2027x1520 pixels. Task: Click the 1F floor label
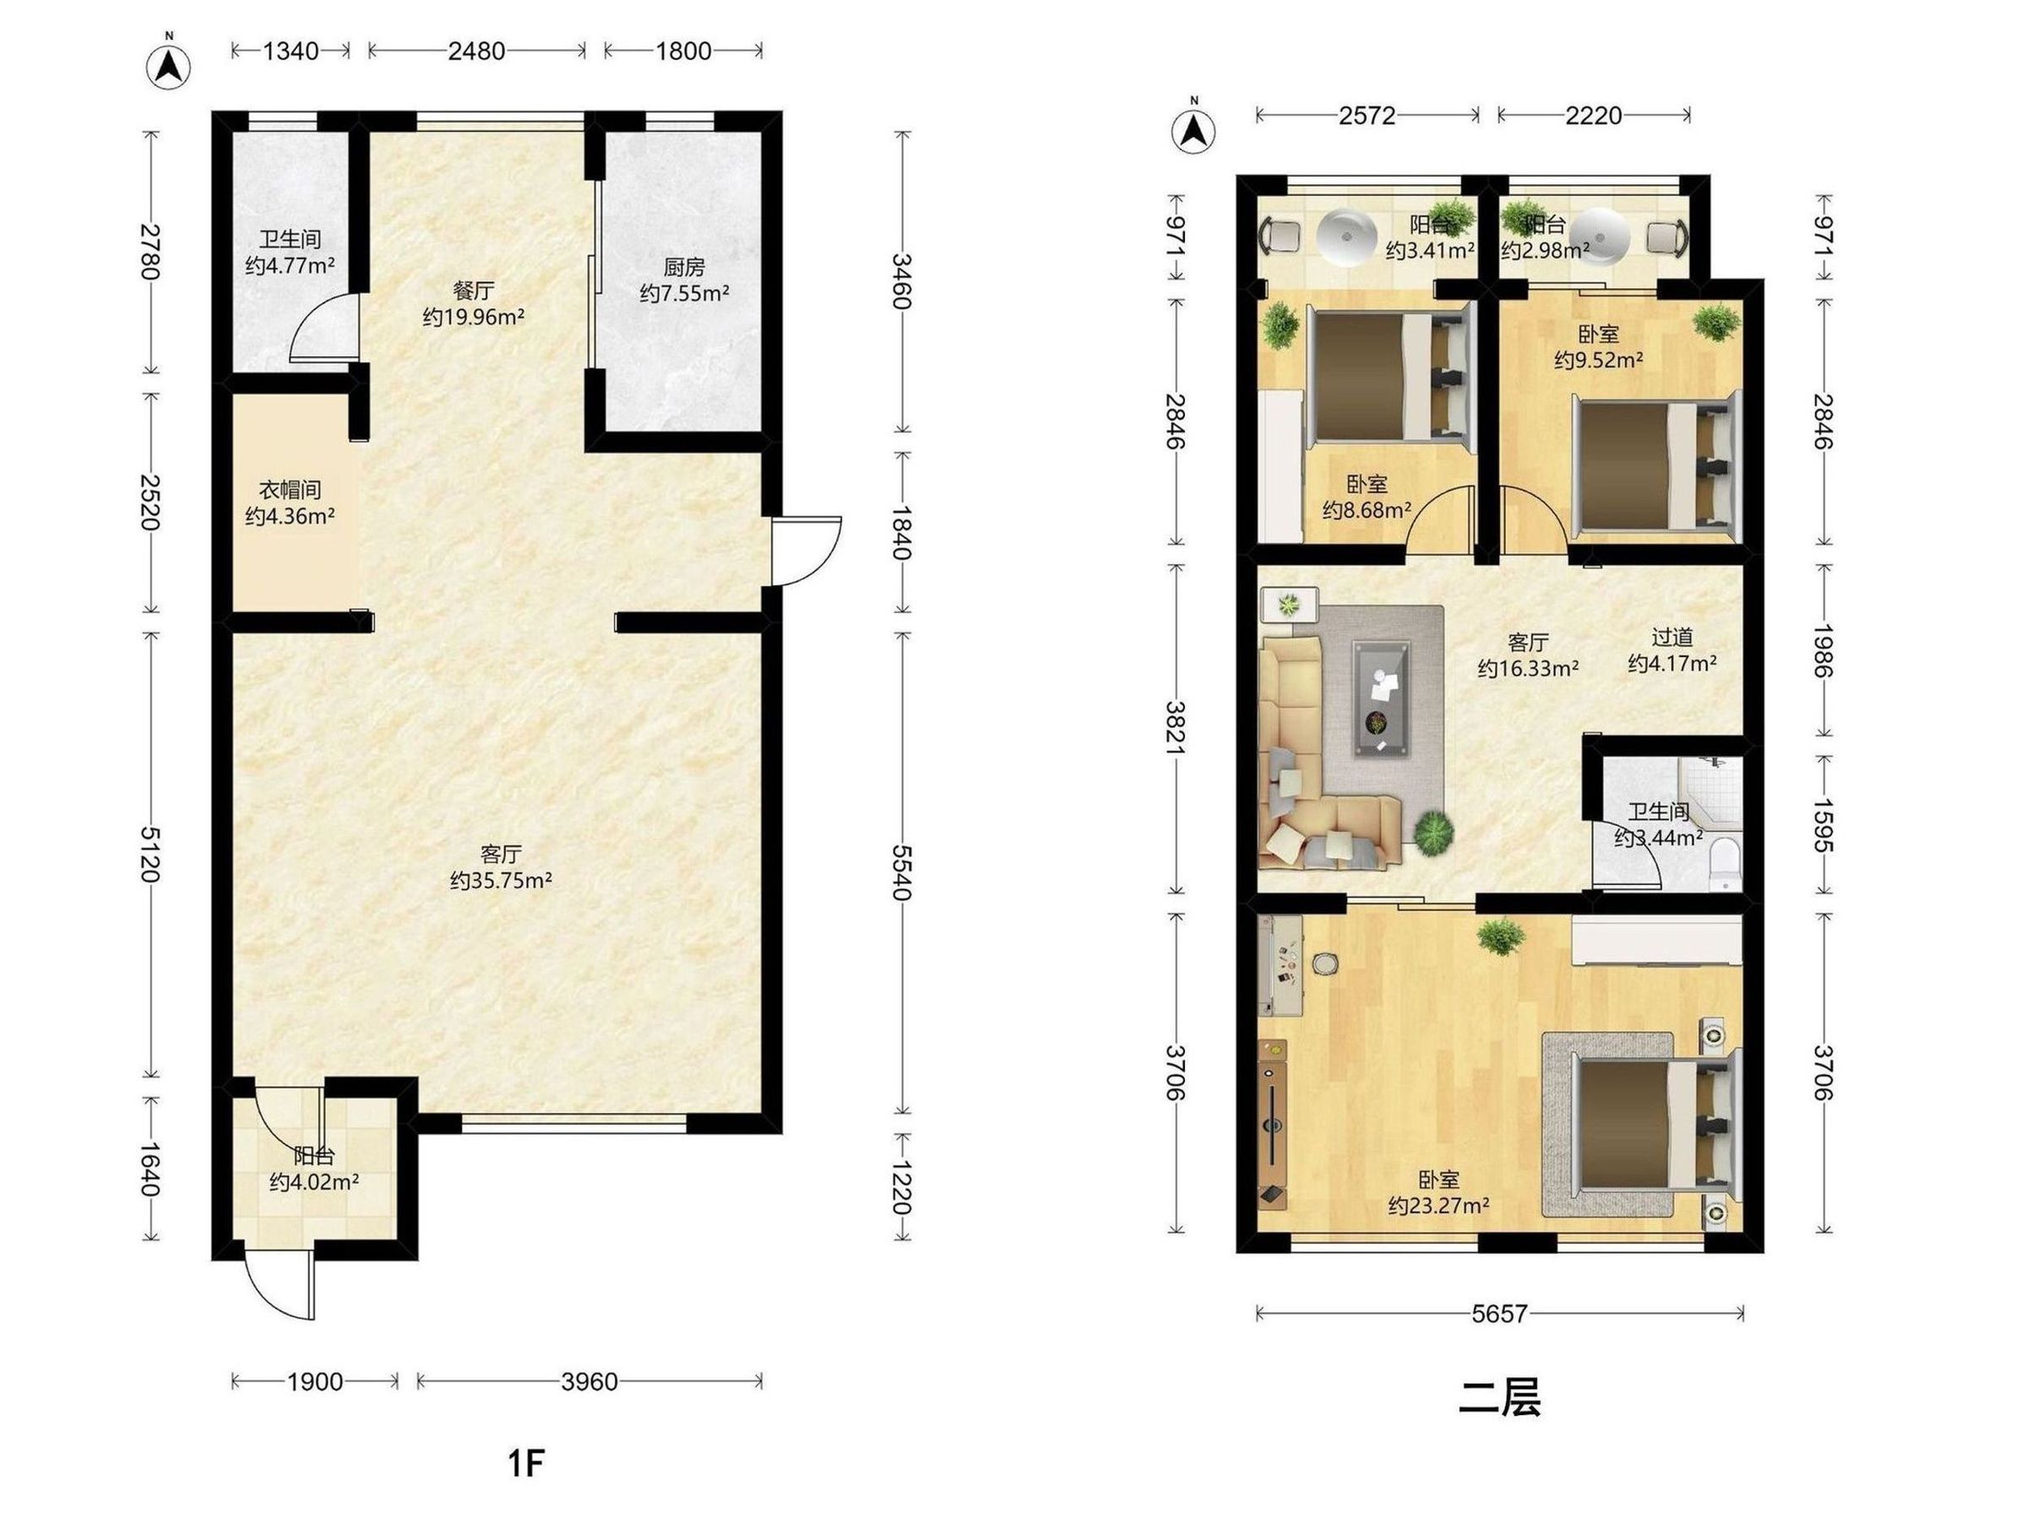click(x=527, y=1463)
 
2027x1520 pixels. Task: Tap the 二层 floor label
click(x=1499, y=1398)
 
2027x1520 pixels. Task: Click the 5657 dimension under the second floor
click(x=1499, y=1314)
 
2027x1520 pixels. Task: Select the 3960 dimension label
click(x=590, y=1381)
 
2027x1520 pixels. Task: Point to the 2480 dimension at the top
click(x=476, y=51)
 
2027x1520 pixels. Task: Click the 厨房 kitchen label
click(x=683, y=268)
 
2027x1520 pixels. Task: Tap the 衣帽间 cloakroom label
click(x=290, y=490)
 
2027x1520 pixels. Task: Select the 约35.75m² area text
click(x=500, y=881)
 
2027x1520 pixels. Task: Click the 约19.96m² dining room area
click(x=473, y=317)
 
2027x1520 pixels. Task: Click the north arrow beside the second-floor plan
click(x=1194, y=129)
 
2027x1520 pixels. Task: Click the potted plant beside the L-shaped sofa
click(x=1432, y=832)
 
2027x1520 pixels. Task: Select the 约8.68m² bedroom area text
click(x=1367, y=509)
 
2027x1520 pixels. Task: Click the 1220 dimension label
click(x=903, y=1187)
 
